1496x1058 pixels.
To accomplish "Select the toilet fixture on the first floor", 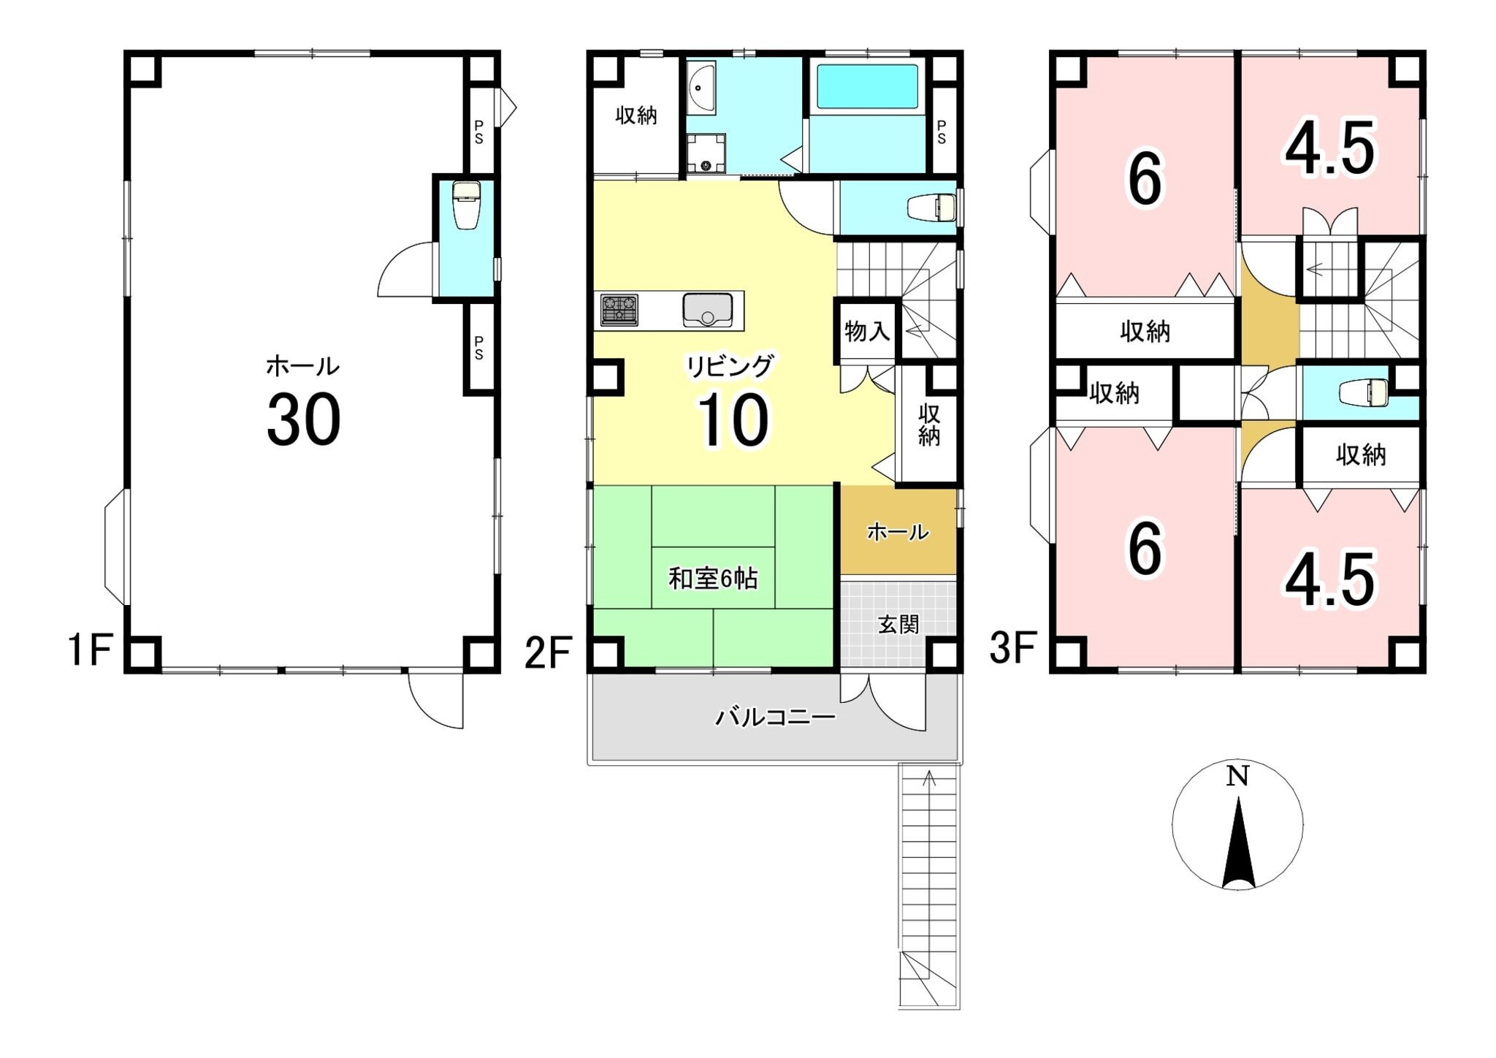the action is (x=465, y=206).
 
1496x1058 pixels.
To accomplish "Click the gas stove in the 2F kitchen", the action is (x=619, y=310).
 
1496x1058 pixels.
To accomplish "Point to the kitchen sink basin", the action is (x=707, y=311).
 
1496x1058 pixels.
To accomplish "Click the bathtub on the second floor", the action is (x=867, y=87).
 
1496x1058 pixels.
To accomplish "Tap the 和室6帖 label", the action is (x=713, y=579).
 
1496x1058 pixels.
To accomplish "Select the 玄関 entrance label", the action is (x=898, y=624).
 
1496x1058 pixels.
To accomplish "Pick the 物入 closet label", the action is (x=867, y=332).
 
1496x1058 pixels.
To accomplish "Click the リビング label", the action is (x=729, y=366).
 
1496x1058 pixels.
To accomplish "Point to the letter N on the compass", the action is (x=1237, y=776).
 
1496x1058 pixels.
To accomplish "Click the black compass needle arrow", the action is (x=1238, y=842).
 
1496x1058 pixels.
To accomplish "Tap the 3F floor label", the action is (x=1013, y=649).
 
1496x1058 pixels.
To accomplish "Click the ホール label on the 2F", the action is (x=898, y=532).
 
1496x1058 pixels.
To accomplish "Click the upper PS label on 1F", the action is (x=478, y=133).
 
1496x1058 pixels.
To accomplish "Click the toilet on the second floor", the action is (x=931, y=208).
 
